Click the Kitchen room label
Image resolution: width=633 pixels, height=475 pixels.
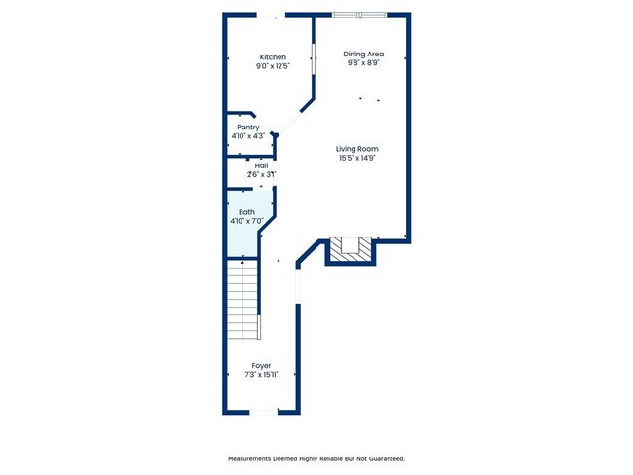[x=272, y=57]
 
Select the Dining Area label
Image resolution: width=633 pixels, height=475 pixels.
[x=362, y=53]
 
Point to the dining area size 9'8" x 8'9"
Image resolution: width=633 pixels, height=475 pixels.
[x=362, y=62]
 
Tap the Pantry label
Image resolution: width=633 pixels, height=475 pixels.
[x=248, y=127]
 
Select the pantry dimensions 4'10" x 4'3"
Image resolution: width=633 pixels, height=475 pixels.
[x=248, y=136]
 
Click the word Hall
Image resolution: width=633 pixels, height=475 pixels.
[x=261, y=165]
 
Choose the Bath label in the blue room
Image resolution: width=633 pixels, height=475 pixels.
[x=246, y=211]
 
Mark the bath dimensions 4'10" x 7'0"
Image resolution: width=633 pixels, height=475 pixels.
[x=246, y=221]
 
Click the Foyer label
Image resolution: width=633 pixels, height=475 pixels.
[x=261, y=365]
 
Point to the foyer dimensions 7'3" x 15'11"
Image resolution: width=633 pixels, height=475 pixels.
[x=261, y=375]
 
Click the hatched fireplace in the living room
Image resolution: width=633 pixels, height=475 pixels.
[x=350, y=249]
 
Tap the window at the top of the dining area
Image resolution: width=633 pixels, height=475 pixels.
[x=358, y=15]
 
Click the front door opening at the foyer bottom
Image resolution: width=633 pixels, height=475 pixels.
[x=263, y=413]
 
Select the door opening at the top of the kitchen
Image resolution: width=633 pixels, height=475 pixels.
[x=272, y=15]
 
